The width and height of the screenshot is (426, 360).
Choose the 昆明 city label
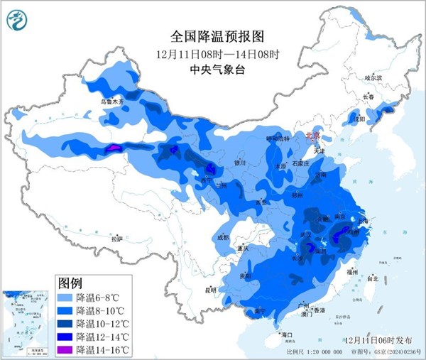209,290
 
